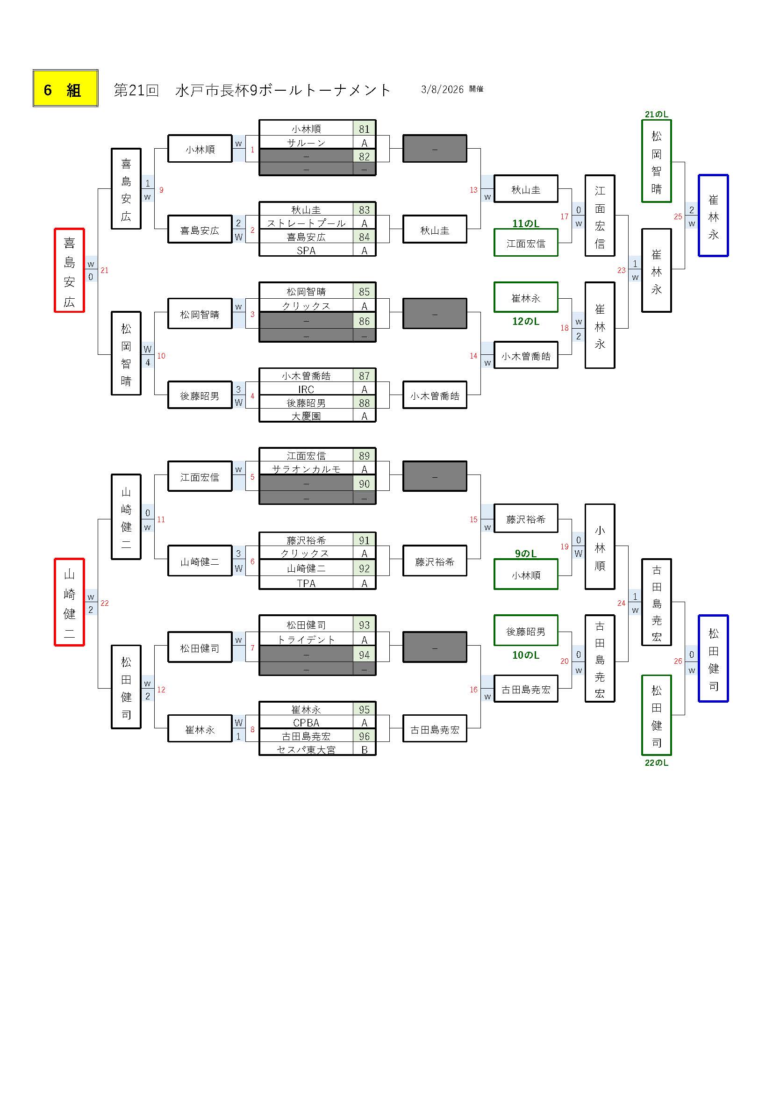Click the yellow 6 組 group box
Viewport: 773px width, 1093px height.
pyautogui.click(x=65, y=88)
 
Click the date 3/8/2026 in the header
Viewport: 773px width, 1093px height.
pyautogui.click(x=442, y=89)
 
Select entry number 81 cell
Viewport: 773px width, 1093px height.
pyautogui.click(x=364, y=129)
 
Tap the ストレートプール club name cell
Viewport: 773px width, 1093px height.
pyautogui.click(x=306, y=223)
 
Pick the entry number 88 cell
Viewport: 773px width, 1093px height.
pyautogui.click(x=364, y=403)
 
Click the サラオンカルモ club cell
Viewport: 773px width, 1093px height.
pyautogui.click(x=306, y=469)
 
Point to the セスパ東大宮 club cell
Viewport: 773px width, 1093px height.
pyautogui.click(x=306, y=750)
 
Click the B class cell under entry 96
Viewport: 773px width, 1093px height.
pyautogui.click(x=364, y=750)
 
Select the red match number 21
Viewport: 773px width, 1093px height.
pyautogui.click(x=105, y=270)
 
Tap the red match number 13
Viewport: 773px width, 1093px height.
pyautogui.click(x=473, y=190)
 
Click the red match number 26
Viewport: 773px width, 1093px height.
pyautogui.click(x=678, y=661)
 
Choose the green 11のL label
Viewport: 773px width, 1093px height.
pyautogui.click(x=525, y=223)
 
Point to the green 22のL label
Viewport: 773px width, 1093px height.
pyautogui.click(x=656, y=762)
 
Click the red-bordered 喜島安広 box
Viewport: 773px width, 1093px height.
pyautogui.click(x=70, y=270)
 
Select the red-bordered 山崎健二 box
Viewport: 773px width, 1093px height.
pyautogui.click(x=70, y=602)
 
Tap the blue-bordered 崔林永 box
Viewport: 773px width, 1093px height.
pyautogui.click(x=713, y=216)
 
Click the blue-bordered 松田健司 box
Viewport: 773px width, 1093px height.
pyautogui.click(x=713, y=658)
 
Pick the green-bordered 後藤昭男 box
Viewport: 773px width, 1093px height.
pyautogui.click(x=525, y=631)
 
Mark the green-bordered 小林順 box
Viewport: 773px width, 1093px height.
pyautogui.click(x=525, y=575)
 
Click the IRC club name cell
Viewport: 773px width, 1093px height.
pyautogui.click(x=306, y=389)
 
